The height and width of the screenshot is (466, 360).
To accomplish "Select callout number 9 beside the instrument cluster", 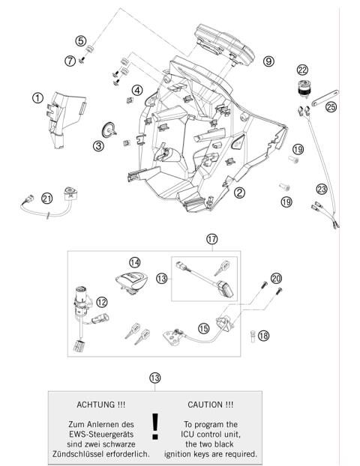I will click(x=268, y=61).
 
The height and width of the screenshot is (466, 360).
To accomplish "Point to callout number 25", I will click(x=331, y=107).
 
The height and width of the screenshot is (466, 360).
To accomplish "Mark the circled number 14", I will click(x=135, y=262).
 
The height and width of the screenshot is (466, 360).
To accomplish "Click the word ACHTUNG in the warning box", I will click(x=101, y=404).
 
